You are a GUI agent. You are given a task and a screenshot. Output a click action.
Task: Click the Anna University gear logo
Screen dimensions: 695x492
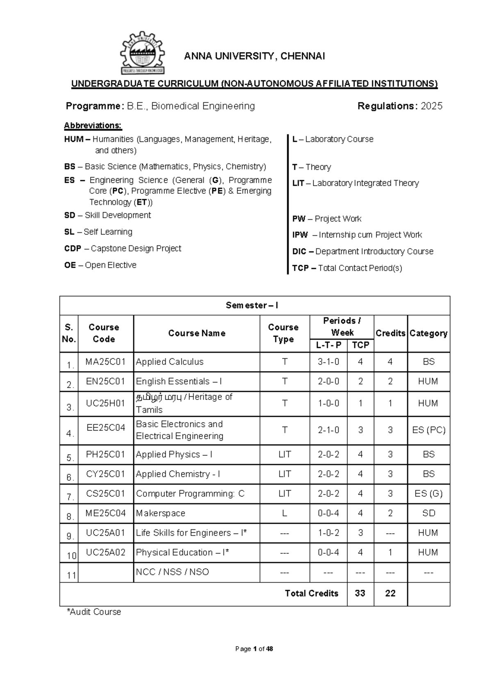[x=142, y=53]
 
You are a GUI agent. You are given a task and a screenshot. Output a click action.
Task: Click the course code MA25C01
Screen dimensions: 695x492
[x=105, y=362]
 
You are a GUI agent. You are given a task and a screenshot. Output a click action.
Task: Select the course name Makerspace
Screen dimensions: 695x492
[x=161, y=513]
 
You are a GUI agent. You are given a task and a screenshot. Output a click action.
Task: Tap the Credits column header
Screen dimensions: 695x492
[x=390, y=333]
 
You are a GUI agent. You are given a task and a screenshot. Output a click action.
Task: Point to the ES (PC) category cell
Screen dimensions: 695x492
[x=428, y=430]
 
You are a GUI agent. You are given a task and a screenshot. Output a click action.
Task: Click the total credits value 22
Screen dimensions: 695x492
[x=390, y=593]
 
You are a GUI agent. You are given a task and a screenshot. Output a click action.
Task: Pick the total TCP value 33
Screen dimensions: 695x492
[x=360, y=593]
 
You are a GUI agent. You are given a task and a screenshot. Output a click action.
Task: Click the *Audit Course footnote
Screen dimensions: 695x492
[x=94, y=612]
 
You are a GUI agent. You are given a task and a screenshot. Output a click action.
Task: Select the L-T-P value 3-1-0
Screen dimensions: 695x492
[x=328, y=362]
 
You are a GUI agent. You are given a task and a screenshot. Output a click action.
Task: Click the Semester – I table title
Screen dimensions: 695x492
[x=252, y=305]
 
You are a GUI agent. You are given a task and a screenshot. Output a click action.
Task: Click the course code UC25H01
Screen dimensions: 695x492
[x=105, y=403]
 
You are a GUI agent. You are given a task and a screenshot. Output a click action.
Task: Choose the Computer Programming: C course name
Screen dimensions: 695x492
[x=190, y=493]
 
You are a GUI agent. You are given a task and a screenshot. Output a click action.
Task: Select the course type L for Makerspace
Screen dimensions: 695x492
[x=285, y=513]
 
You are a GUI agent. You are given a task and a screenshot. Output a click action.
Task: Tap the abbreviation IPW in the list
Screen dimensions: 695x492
[x=300, y=235]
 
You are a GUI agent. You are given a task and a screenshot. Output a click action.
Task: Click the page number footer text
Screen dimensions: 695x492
[x=254, y=649]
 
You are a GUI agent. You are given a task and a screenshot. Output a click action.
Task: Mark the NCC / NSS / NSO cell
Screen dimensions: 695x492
[x=172, y=572]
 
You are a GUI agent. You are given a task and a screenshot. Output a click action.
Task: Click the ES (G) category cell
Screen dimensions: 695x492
[x=428, y=493]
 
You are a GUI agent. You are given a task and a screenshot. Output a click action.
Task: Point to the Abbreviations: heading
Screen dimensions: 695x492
[x=93, y=125]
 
